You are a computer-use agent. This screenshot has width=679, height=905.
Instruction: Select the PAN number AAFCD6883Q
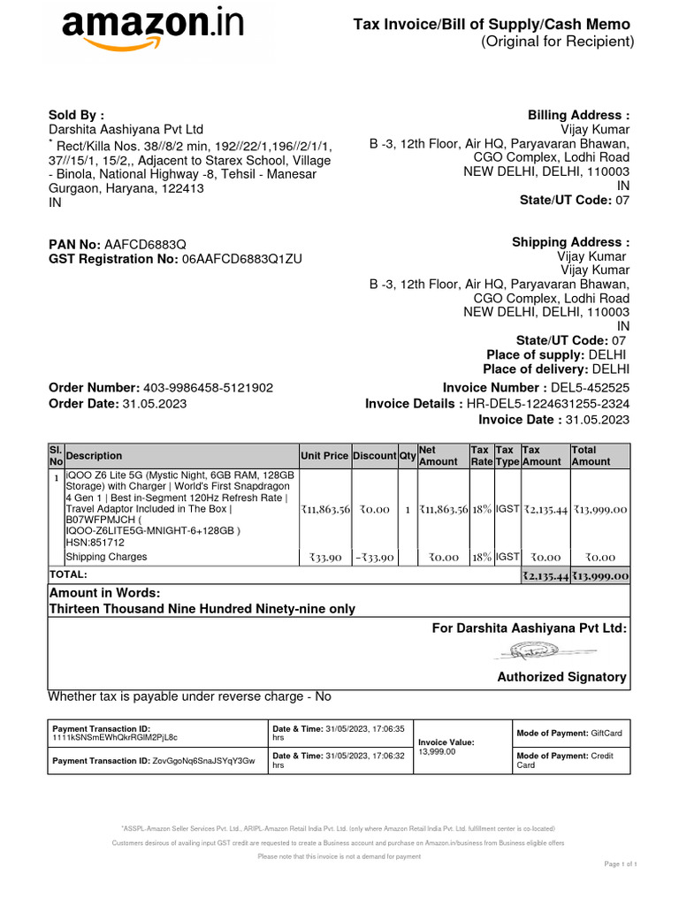pyautogui.click(x=145, y=243)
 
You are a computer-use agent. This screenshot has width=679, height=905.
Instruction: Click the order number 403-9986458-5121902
pyautogui.click(x=208, y=388)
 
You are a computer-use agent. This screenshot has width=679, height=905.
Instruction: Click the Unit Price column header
pyautogui.click(x=324, y=455)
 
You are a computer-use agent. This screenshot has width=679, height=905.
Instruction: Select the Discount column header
pyautogui.click(x=375, y=455)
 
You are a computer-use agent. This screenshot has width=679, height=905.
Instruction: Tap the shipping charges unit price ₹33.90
pyautogui.click(x=325, y=558)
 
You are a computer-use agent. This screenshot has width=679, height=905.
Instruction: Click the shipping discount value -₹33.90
pyautogui.click(x=374, y=558)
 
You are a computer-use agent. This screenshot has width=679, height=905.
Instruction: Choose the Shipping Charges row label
pyautogui.click(x=106, y=557)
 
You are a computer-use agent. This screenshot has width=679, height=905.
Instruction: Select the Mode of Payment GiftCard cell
pyautogui.click(x=569, y=734)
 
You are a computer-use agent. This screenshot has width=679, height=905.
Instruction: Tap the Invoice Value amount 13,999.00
pyautogui.click(x=437, y=751)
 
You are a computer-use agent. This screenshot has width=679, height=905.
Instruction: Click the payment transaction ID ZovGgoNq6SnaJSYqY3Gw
pyautogui.click(x=203, y=760)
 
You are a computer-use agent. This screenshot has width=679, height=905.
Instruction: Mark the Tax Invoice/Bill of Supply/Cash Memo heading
pyautogui.click(x=492, y=26)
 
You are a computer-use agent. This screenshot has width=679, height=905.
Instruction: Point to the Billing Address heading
pyautogui.click(x=578, y=115)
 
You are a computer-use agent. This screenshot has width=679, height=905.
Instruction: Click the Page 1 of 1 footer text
pyautogui.click(x=621, y=863)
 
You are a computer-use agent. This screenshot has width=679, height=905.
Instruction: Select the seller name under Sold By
pyautogui.click(x=126, y=130)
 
